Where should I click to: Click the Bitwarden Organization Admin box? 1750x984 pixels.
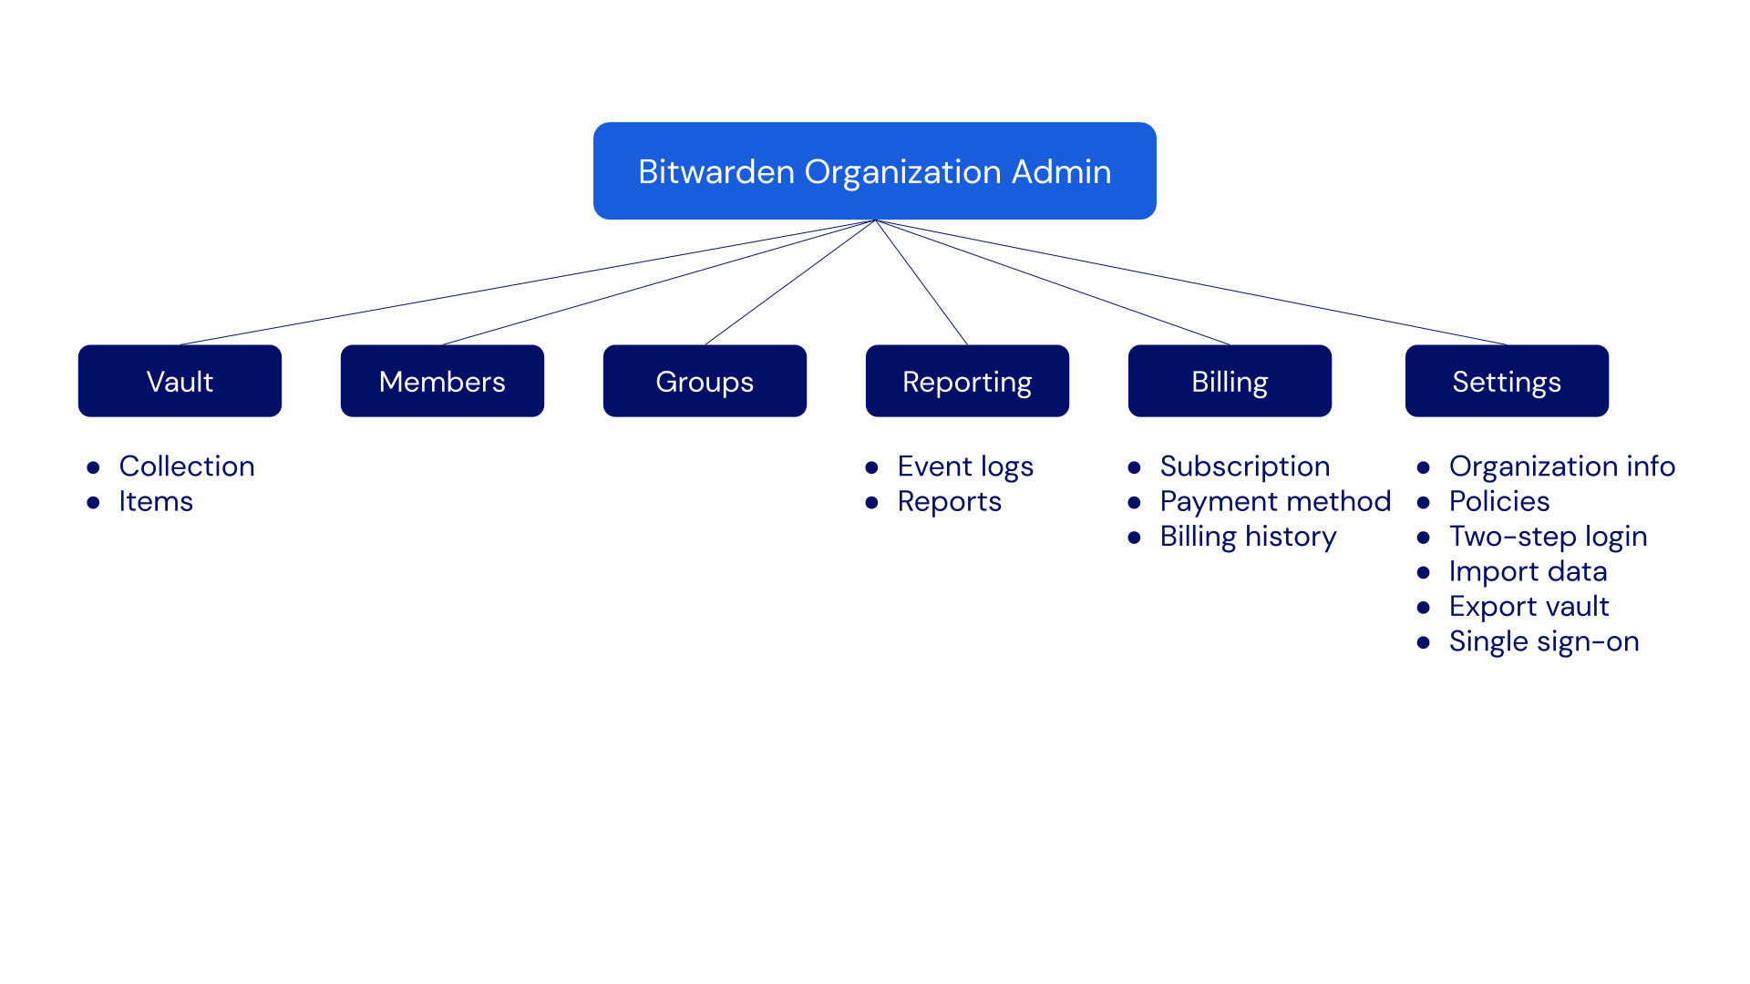point(874,171)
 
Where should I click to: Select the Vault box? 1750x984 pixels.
point(180,381)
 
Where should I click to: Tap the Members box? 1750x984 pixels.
point(442,381)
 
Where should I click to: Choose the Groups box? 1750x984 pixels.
point(705,381)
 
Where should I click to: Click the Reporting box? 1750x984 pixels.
point(967,381)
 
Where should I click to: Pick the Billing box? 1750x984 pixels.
point(1230,381)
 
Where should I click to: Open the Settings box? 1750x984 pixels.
point(1507,381)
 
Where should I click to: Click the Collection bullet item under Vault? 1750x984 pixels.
point(187,466)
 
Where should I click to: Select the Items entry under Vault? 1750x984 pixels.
point(156,502)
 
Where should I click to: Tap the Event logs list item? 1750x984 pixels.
point(965,466)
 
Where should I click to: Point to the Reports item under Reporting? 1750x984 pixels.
point(949,502)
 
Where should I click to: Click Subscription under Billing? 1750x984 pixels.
point(1244,466)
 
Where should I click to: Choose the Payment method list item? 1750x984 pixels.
point(1274,502)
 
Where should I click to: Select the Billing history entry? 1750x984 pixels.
point(1248,537)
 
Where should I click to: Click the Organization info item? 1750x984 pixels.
point(1561,466)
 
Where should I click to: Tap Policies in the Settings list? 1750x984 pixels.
point(1499,502)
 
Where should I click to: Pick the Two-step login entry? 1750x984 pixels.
point(1548,537)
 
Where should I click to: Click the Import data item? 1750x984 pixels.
point(1528,572)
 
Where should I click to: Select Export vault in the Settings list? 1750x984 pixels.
point(1529,607)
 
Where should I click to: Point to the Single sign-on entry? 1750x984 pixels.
point(1544,641)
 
